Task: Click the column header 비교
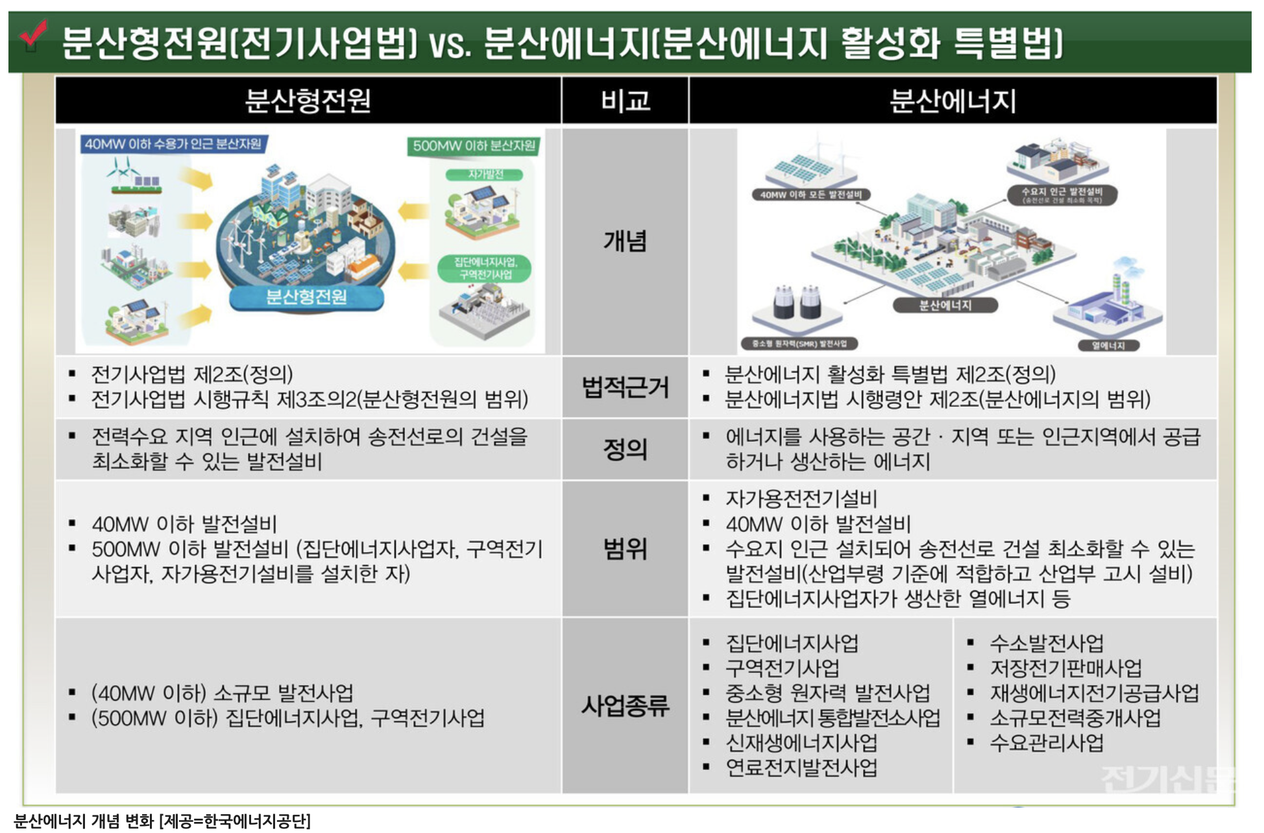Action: pyautogui.click(x=625, y=101)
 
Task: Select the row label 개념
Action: pyautogui.click(x=625, y=241)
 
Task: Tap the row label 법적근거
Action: pyautogui.click(x=625, y=387)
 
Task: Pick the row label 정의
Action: pyautogui.click(x=625, y=449)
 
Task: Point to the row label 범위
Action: pyautogui.click(x=625, y=549)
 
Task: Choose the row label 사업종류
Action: pyautogui.click(x=625, y=705)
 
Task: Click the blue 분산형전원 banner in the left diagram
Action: pyautogui.click(x=306, y=297)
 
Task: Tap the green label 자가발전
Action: pyautogui.click(x=485, y=175)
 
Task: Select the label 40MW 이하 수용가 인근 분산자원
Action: pyautogui.click(x=173, y=144)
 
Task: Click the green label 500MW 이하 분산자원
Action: pyautogui.click(x=474, y=145)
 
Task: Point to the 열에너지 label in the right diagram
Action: pyautogui.click(x=1108, y=345)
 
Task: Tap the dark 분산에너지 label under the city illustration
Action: pyautogui.click(x=945, y=305)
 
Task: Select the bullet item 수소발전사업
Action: pyautogui.click(x=1046, y=643)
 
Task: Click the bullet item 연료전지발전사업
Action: pyautogui.click(x=801, y=767)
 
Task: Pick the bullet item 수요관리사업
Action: pyautogui.click(x=1046, y=743)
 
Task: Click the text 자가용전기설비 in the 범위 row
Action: pyautogui.click(x=801, y=498)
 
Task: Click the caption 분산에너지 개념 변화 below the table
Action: pyautogui.click(x=84, y=821)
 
